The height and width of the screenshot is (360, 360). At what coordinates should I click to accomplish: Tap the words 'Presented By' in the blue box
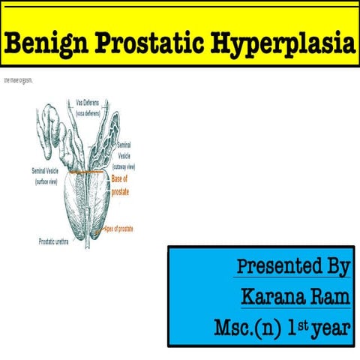point(293,267)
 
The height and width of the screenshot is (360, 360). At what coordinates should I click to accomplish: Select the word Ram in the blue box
point(331,296)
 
